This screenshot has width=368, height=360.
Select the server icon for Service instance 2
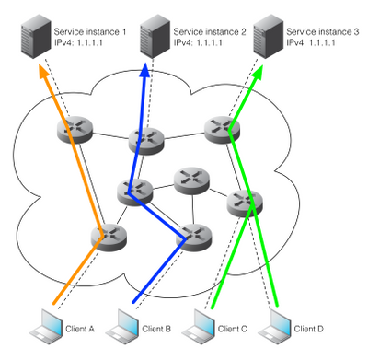(152, 34)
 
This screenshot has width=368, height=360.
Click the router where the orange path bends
(108, 236)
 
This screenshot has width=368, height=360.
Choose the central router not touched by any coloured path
(189, 178)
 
